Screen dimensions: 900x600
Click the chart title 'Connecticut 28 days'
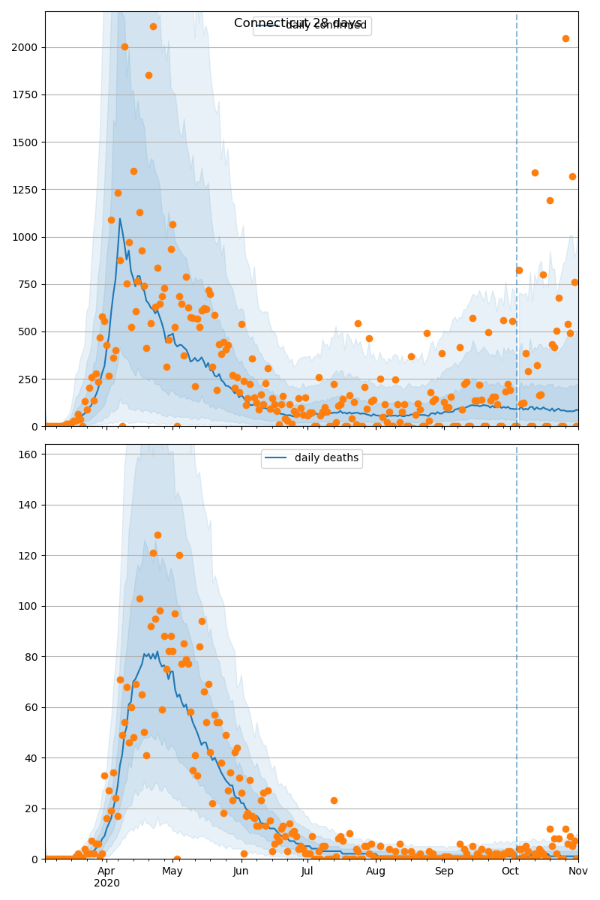pos(299,23)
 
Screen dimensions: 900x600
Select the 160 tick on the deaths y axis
pos(25,454)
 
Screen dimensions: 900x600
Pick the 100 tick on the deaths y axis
pos(25,606)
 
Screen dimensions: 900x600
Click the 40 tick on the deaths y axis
pos(28,758)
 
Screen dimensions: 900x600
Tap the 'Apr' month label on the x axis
pos(106,871)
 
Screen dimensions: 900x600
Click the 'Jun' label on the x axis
pos(241,871)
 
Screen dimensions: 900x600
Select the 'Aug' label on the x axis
pos(376,871)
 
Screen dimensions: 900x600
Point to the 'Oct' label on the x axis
pos(511,871)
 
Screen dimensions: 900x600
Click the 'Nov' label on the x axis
pos(577,871)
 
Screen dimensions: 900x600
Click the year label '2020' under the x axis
pos(106,883)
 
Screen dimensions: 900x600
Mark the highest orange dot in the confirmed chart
pos(153,26)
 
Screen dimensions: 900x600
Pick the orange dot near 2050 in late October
pos(565,38)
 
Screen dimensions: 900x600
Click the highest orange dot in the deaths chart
pos(157,535)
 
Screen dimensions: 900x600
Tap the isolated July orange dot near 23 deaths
pos(334,800)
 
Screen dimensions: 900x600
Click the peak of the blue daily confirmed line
pos(119,219)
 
